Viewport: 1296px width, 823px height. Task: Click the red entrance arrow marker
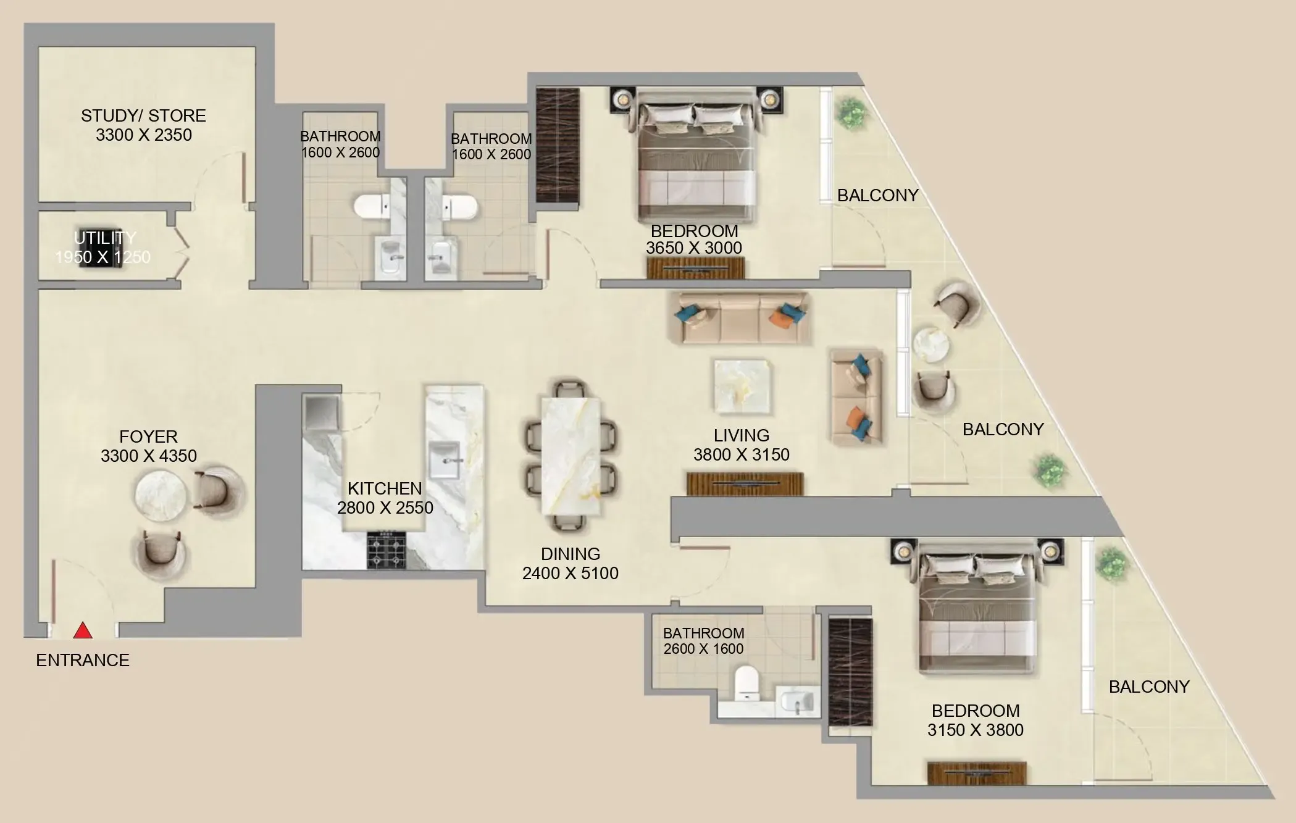click(83, 631)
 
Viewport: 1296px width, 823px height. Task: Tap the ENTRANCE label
click(83, 660)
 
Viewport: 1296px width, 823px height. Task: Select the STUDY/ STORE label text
click(143, 115)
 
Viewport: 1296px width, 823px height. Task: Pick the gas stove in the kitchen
click(387, 549)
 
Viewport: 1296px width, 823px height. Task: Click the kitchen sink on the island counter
click(444, 460)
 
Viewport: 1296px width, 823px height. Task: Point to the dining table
click(571, 455)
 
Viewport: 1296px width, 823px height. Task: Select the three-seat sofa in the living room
click(741, 319)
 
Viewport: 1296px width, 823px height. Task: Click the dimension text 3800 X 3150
click(741, 455)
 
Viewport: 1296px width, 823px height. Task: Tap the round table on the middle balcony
click(931, 344)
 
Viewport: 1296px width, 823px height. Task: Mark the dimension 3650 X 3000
click(694, 248)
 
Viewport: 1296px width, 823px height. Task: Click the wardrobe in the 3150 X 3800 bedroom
click(850, 672)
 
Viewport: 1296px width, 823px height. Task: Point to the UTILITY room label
click(105, 238)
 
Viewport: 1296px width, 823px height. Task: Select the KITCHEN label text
click(385, 488)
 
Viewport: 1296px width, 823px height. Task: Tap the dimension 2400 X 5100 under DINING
click(570, 574)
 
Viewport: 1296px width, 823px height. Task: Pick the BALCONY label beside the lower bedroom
click(1148, 687)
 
